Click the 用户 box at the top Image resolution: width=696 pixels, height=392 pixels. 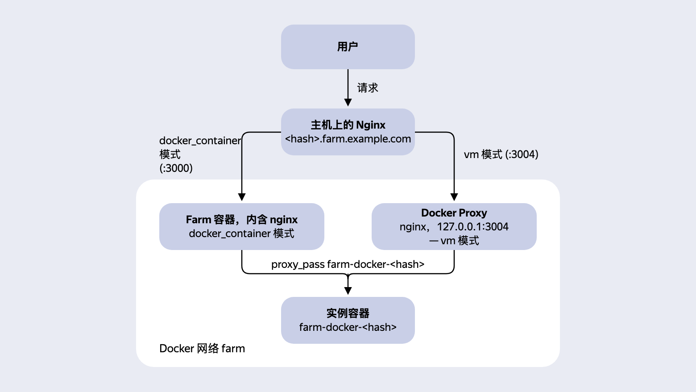[x=348, y=46]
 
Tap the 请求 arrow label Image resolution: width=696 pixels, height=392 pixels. [x=368, y=88]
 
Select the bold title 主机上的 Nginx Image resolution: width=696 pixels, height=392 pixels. [x=348, y=125]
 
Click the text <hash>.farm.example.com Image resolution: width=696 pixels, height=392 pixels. [x=348, y=139]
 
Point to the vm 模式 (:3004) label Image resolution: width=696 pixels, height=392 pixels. [x=501, y=154]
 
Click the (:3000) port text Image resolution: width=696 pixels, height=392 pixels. [x=176, y=168]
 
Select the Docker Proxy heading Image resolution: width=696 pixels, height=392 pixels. [x=454, y=213]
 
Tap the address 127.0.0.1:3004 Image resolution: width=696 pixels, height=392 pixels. [x=472, y=227]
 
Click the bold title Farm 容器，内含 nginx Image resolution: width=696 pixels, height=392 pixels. [x=242, y=220]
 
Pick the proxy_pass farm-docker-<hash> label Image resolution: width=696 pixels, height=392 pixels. [x=348, y=264]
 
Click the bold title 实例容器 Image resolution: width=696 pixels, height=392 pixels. [x=348, y=313]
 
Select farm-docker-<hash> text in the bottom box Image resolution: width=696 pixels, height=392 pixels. [x=348, y=327]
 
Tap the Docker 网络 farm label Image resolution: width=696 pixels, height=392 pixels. [x=202, y=349]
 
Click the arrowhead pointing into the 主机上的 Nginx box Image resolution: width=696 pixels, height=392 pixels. [x=348, y=103]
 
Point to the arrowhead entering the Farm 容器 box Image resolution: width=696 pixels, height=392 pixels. [x=242, y=197]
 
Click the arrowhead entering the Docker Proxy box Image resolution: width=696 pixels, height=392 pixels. [x=454, y=197]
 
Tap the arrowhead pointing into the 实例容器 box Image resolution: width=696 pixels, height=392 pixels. [x=348, y=291]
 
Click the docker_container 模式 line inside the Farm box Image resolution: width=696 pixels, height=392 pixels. [x=241, y=234]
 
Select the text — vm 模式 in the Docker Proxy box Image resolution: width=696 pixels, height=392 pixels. [x=454, y=241]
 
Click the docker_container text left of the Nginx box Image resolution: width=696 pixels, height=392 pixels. [x=200, y=141]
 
